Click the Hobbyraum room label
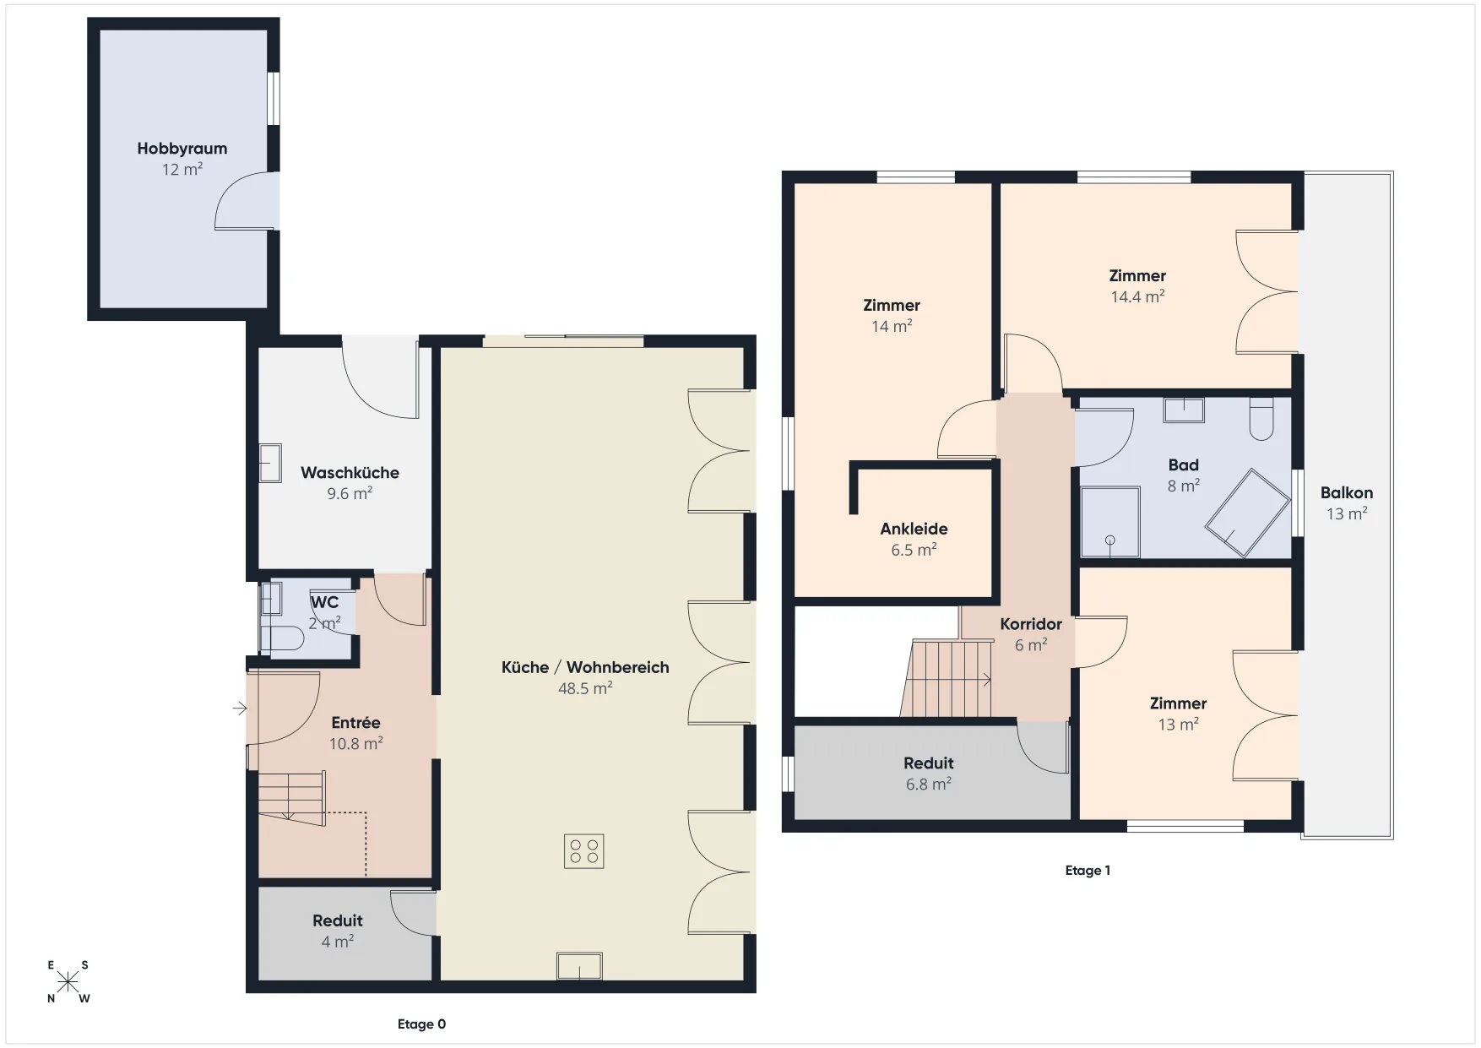[x=182, y=149]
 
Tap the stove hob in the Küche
[x=584, y=851]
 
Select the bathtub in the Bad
[x=1247, y=513]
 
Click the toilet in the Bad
[x=1261, y=419]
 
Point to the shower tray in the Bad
[x=1110, y=523]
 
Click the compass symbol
[x=68, y=981]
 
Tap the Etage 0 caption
[x=422, y=1024]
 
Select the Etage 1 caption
[x=1088, y=871]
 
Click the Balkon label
[x=1347, y=493]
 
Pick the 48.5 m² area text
[x=585, y=688]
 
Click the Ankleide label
[x=914, y=529]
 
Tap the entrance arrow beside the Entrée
[x=240, y=709]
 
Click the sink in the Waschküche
[x=270, y=464]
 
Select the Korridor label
[x=1031, y=624]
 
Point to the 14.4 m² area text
[x=1137, y=296]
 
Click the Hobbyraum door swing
[x=246, y=200]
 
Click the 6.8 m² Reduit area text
[x=929, y=785]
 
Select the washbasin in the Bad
[x=1184, y=410]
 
